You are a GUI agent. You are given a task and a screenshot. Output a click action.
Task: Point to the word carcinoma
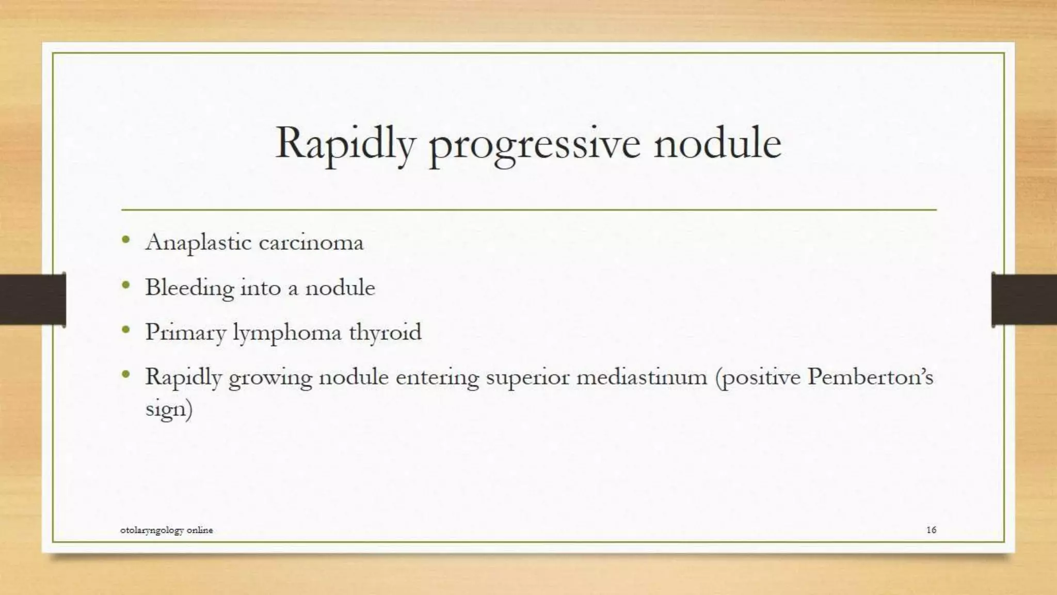pyautogui.click(x=311, y=243)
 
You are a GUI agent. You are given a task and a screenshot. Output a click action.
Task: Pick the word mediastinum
pyautogui.click(x=642, y=377)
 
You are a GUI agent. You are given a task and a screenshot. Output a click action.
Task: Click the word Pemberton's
pyautogui.click(x=870, y=377)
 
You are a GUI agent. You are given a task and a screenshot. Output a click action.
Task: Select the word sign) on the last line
pyautogui.click(x=169, y=410)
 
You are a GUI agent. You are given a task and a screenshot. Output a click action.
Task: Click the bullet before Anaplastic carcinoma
pyautogui.click(x=126, y=240)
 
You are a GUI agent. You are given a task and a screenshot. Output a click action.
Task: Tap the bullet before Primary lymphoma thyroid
pyautogui.click(x=126, y=330)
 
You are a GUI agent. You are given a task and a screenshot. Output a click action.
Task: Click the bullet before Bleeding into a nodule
pyautogui.click(x=126, y=285)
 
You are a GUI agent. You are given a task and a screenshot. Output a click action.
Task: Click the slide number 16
pyautogui.click(x=931, y=530)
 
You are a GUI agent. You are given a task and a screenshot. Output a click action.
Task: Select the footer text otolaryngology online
pyautogui.click(x=166, y=530)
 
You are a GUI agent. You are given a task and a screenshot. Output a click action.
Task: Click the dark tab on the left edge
pyautogui.click(x=33, y=300)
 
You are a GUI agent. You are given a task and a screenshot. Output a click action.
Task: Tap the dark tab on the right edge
pyautogui.click(x=1024, y=300)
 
